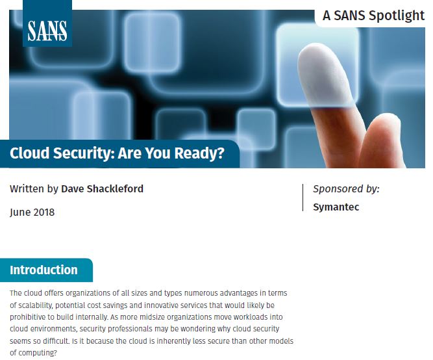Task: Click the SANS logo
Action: click(47, 29)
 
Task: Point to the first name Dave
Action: click(73, 189)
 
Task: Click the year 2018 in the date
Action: click(43, 212)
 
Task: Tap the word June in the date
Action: click(19, 212)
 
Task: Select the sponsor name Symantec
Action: click(336, 207)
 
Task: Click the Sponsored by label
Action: click(346, 189)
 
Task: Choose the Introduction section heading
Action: click(43, 270)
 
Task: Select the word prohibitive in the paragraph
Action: click(33, 317)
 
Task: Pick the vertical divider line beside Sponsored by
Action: click(303, 198)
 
